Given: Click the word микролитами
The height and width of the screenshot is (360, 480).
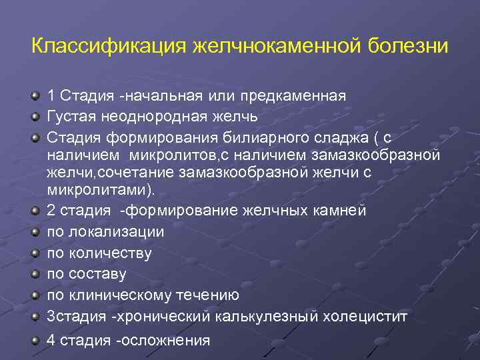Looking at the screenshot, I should click(x=100, y=190).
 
